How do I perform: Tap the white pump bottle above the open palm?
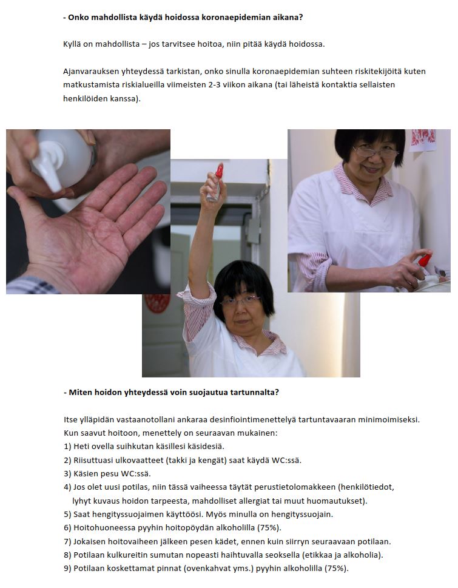(x=62, y=158)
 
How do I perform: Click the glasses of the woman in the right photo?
(x=374, y=152)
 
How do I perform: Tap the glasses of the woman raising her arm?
(x=240, y=300)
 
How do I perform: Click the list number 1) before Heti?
(x=67, y=447)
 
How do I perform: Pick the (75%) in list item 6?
(x=269, y=528)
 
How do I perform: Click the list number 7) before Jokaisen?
(x=67, y=541)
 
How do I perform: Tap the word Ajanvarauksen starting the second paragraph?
(x=91, y=72)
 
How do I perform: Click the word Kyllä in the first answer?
(x=72, y=44)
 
